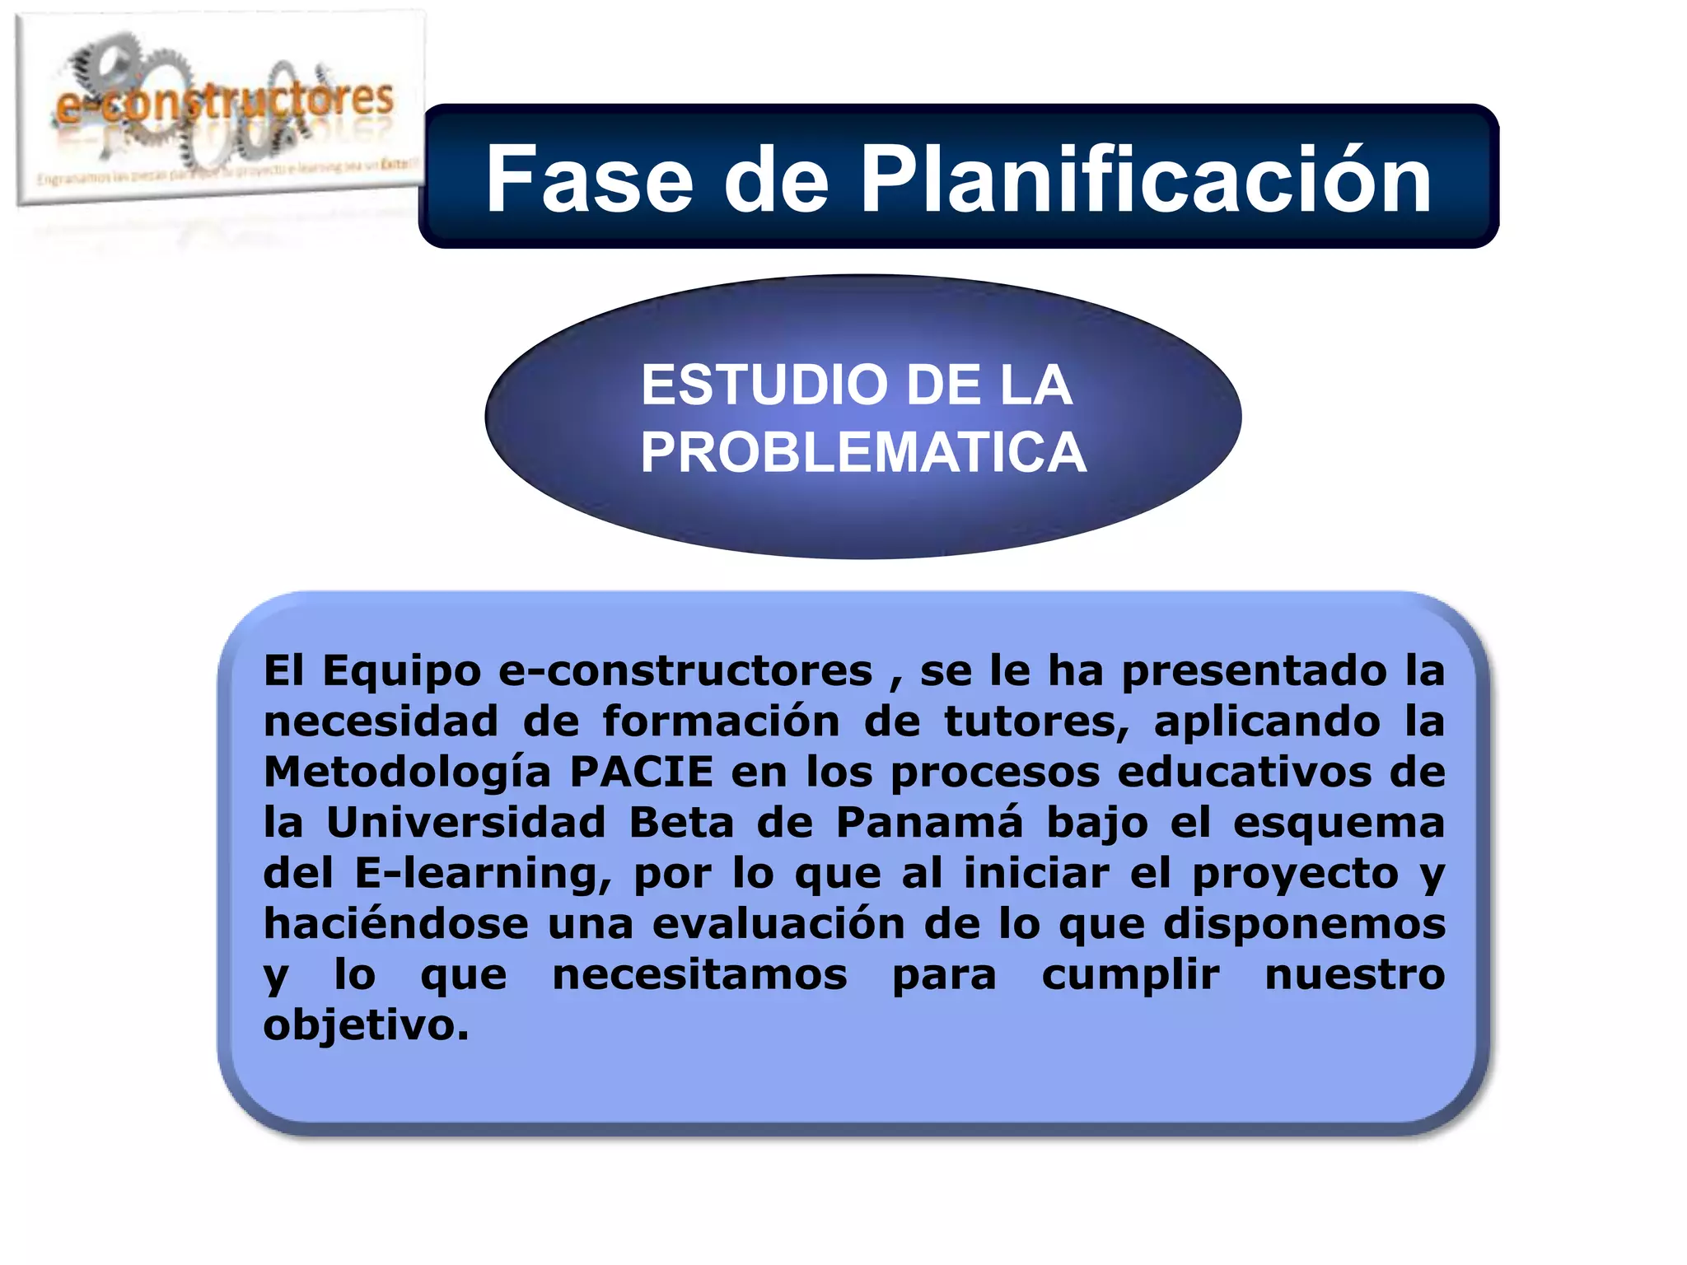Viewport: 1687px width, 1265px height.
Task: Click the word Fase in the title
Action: click(589, 180)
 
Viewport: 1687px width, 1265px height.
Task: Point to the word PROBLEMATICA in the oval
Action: click(863, 453)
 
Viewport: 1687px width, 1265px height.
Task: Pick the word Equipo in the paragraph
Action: click(401, 671)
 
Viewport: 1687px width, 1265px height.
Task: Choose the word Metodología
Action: click(407, 773)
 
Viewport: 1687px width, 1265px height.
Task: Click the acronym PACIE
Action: click(642, 772)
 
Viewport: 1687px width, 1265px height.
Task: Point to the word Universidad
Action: click(465, 823)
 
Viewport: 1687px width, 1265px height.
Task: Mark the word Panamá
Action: click(929, 823)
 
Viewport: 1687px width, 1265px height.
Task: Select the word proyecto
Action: click(1295, 875)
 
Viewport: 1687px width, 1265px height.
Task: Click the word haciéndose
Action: click(395, 923)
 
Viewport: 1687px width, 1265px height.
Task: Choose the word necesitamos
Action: click(699, 975)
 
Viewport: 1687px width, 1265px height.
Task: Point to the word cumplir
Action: click(1130, 975)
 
